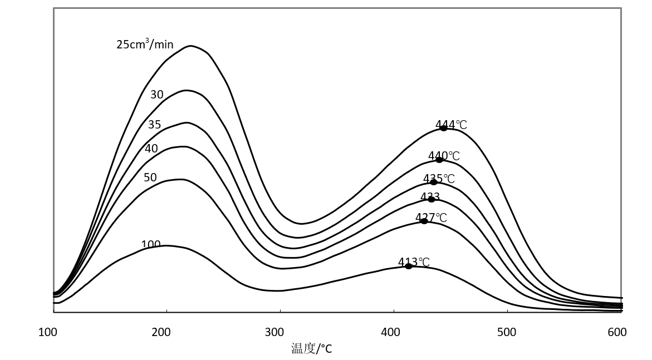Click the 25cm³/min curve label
(x=145, y=44)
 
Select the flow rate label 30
(x=157, y=95)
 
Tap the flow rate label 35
(x=154, y=125)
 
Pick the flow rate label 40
(x=151, y=149)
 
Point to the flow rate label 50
(x=150, y=177)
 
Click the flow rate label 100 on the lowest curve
(x=151, y=244)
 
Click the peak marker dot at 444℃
(x=443, y=128)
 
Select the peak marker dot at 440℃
(x=439, y=160)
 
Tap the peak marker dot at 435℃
(x=434, y=182)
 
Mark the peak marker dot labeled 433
(x=432, y=199)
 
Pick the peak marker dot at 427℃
(x=424, y=221)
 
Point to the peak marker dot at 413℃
(x=409, y=266)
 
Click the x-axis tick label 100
(x=48, y=332)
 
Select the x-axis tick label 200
(x=161, y=332)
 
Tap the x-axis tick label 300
(x=274, y=332)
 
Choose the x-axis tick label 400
(x=390, y=332)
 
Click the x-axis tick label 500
(x=506, y=332)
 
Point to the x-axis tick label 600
(x=617, y=332)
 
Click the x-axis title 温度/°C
(x=311, y=349)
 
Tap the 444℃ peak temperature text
(x=452, y=125)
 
